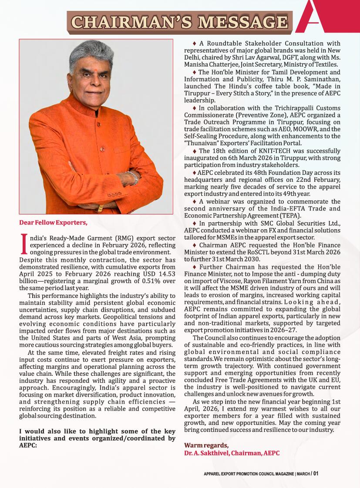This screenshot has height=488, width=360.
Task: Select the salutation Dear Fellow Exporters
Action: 53,223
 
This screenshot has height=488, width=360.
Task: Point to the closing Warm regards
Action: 206,445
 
